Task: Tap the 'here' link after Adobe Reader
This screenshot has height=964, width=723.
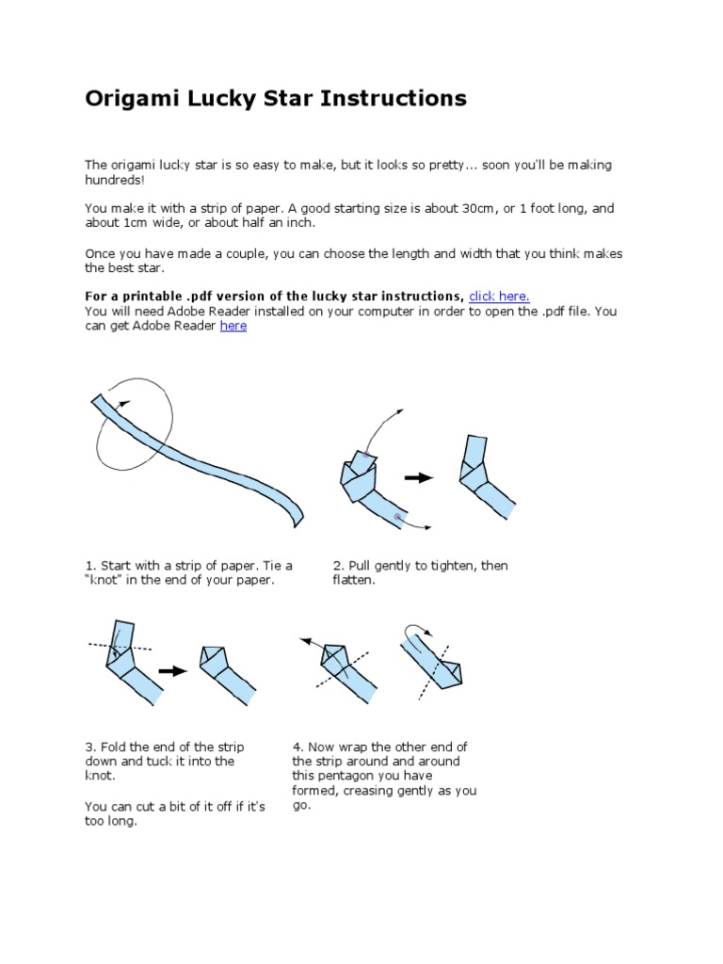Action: click(x=233, y=326)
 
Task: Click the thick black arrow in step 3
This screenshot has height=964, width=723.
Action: click(x=173, y=670)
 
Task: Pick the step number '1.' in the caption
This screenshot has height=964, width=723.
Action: click(x=90, y=565)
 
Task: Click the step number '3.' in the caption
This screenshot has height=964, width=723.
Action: click(x=90, y=747)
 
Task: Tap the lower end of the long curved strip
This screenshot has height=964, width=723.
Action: click(x=298, y=515)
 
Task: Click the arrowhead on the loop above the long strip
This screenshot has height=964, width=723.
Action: click(x=126, y=398)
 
